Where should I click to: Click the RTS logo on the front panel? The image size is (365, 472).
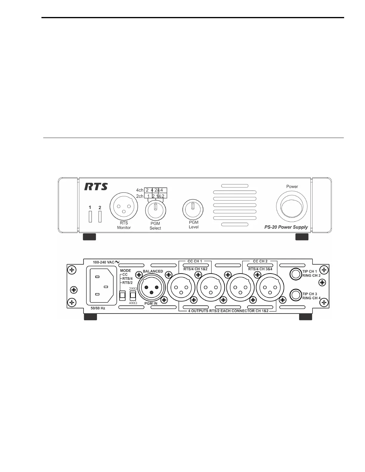click(x=96, y=187)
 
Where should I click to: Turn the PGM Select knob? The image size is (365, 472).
click(x=155, y=210)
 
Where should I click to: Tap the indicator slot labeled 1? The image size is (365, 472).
click(x=90, y=216)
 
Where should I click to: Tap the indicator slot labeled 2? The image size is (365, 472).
click(x=100, y=216)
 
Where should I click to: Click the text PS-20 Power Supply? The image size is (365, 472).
click(x=286, y=227)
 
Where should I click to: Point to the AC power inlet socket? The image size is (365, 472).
click(x=101, y=285)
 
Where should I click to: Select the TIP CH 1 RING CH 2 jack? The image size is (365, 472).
click(x=296, y=274)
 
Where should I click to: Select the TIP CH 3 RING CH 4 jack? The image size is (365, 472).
click(x=296, y=295)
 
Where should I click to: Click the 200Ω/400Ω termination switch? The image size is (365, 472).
click(x=133, y=295)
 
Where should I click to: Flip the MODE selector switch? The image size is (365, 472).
click(x=122, y=295)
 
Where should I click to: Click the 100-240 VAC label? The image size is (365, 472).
click(x=104, y=262)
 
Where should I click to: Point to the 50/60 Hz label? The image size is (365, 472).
click(x=98, y=308)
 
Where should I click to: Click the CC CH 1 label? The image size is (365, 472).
click(x=195, y=261)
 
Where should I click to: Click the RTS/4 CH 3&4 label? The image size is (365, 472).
click(x=260, y=269)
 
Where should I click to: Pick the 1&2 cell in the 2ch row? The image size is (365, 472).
click(x=160, y=196)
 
